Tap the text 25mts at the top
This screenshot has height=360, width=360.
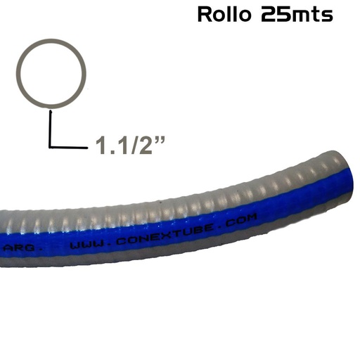pos(296,14)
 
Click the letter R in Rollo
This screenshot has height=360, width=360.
pos(205,14)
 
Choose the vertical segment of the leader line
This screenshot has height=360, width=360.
pos(51,127)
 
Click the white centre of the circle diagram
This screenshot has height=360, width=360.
pos(52,72)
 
